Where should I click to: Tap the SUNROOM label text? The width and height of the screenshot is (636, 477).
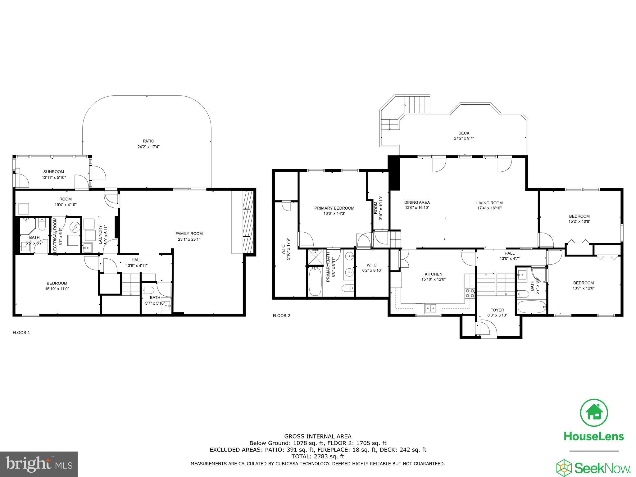(x=54, y=172)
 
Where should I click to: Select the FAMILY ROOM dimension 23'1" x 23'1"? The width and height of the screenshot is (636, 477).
(x=189, y=239)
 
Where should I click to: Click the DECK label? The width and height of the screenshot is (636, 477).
(x=464, y=133)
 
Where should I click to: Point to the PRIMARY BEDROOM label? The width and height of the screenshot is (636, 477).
(x=334, y=208)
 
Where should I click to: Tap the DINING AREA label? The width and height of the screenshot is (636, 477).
(x=417, y=202)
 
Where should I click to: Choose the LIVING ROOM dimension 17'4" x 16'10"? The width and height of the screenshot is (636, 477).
(x=489, y=208)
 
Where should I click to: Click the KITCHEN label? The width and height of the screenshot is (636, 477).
(x=433, y=274)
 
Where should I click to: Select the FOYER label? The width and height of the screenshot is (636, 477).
(x=497, y=310)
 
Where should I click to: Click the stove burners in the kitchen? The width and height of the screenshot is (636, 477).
(x=470, y=293)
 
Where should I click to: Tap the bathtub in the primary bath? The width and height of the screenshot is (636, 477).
(x=315, y=282)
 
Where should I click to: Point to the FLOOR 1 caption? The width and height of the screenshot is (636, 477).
(x=21, y=333)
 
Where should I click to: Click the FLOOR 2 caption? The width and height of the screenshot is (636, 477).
(x=281, y=316)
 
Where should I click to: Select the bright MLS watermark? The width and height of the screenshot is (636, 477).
(x=39, y=464)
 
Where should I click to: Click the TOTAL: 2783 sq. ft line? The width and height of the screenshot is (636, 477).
(x=318, y=457)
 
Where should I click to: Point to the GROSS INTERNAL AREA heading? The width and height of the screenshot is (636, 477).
(x=318, y=436)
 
